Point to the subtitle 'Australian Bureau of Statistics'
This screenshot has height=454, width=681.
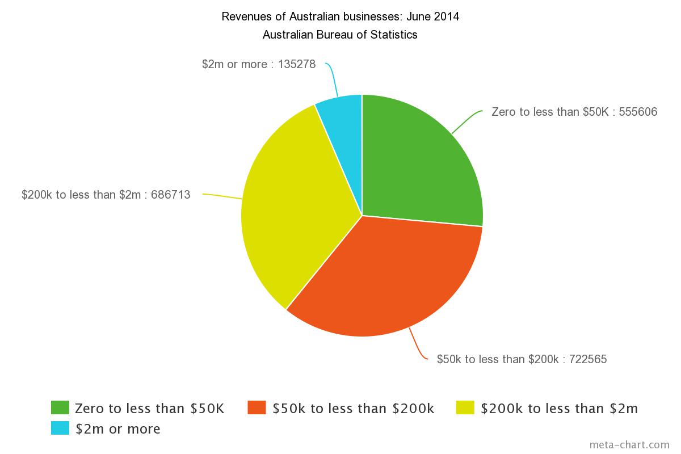pyautogui.click(x=340, y=35)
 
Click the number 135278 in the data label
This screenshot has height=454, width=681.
pyautogui.click(x=297, y=64)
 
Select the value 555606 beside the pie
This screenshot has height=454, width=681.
pyautogui.click(x=638, y=112)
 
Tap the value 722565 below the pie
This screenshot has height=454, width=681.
pyautogui.click(x=587, y=359)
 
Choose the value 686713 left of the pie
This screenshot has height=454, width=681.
pyautogui.click(x=171, y=195)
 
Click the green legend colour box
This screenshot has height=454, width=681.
pyautogui.click(x=60, y=408)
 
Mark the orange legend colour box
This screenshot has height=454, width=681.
pyautogui.click(x=257, y=408)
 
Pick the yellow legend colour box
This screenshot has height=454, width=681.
pyautogui.click(x=465, y=408)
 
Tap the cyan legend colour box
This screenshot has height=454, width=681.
pyautogui.click(x=60, y=428)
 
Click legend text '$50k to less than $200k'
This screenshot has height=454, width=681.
pyautogui.click(x=354, y=409)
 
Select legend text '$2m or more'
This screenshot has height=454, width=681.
pyautogui.click(x=118, y=429)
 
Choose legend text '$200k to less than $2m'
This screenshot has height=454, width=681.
pyautogui.click(x=559, y=409)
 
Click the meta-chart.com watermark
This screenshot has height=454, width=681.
pyautogui.click(x=629, y=444)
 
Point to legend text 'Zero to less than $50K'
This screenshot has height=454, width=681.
pyautogui.click(x=150, y=409)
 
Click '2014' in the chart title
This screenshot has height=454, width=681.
pyautogui.click(x=447, y=16)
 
